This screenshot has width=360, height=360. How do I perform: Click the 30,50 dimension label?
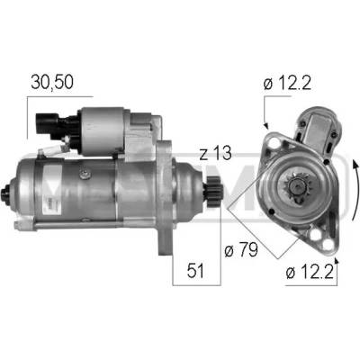52,82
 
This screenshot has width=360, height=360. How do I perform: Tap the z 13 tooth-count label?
216,153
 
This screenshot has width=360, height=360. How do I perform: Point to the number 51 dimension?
195,270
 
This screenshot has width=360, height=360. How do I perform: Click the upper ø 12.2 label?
287,83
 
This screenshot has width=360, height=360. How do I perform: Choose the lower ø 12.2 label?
310,273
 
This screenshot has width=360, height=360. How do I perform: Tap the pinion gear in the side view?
213,194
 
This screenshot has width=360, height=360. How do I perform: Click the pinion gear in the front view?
297,187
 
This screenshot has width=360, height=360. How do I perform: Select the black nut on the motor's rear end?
6,196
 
